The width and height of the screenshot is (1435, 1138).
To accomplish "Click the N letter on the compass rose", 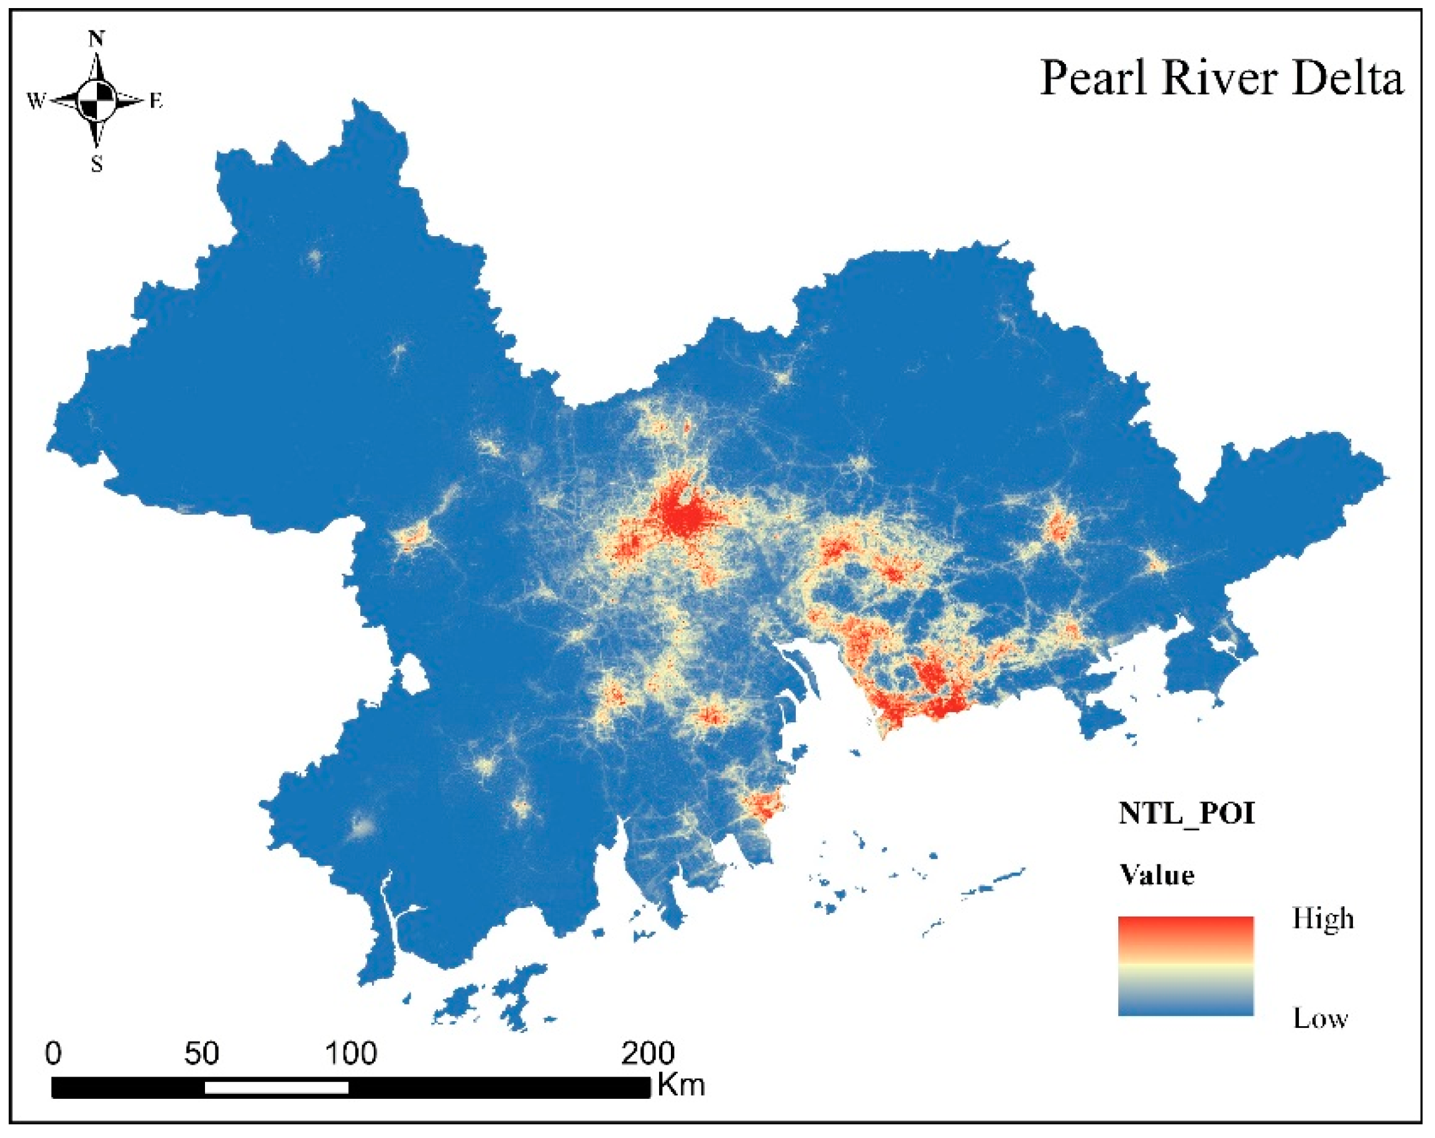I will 97,39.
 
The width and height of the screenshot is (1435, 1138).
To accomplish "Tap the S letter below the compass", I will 97,164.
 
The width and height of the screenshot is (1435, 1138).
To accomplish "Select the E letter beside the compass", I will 156,101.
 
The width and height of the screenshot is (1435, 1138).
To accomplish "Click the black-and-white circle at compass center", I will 97,101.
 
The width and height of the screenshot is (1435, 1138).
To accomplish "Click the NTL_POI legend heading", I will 1186,814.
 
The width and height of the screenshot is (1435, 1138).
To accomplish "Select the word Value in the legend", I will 1157,875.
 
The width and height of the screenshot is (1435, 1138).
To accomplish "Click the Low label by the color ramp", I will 1321,1019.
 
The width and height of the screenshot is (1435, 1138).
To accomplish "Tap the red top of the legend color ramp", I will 1185,927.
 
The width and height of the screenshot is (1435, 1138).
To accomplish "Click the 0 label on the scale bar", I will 54,1053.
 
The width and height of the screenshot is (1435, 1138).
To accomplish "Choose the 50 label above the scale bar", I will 202,1053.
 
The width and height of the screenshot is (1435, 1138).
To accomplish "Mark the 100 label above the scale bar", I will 351,1053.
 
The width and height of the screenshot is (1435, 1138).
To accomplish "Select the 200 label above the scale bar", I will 647,1053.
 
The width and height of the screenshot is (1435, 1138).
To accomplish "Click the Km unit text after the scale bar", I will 681,1085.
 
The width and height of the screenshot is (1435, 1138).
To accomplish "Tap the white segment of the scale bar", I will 276,1088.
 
